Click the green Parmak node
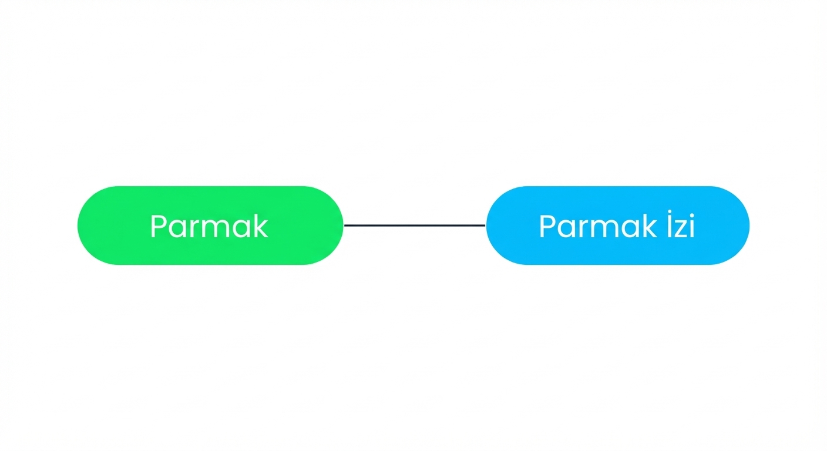210,225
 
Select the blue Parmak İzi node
618,225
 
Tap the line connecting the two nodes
415,225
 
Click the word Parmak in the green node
209,226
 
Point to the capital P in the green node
159,226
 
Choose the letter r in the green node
194,229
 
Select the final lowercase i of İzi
692,226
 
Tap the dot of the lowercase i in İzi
692,215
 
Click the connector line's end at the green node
344,225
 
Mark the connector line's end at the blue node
485,225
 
